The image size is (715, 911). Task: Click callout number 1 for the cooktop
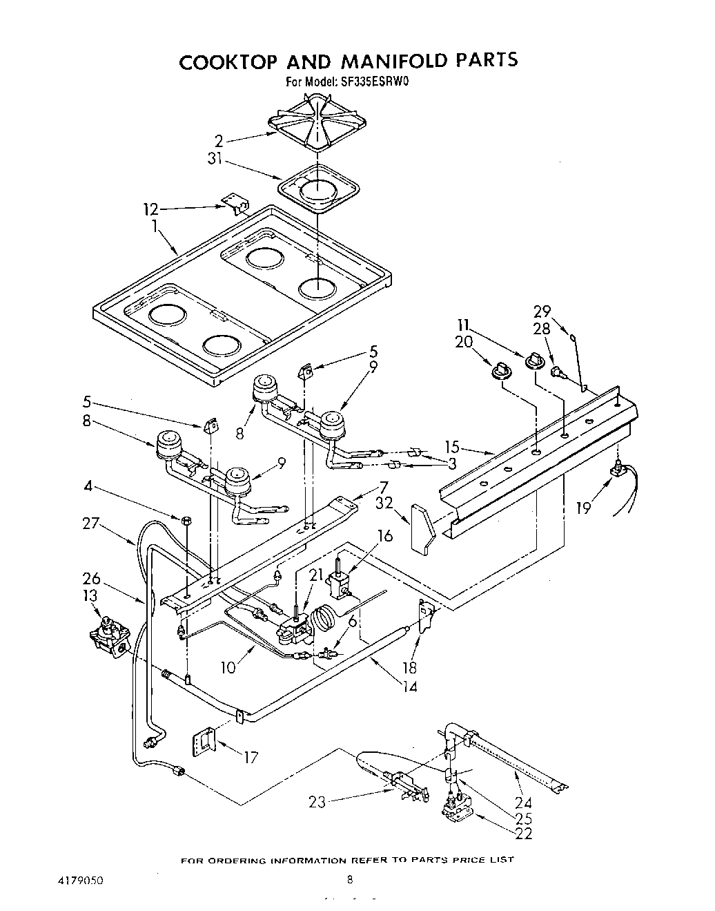(x=155, y=225)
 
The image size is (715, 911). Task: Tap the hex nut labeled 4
(x=188, y=519)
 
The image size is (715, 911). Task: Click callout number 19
(x=584, y=509)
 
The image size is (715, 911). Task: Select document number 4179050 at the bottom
(x=77, y=881)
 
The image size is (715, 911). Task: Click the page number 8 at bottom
(x=350, y=880)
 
